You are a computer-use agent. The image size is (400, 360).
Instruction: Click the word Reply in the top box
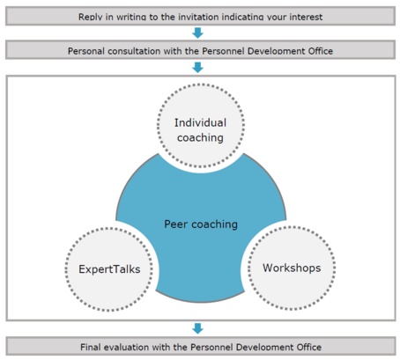click(x=91, y=17)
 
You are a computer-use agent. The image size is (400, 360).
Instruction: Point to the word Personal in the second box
click(x=86, y=51)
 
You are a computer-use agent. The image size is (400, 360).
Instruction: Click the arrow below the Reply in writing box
click(x=197, y=33)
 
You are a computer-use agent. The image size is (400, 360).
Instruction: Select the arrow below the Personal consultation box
click(x=197, y=68)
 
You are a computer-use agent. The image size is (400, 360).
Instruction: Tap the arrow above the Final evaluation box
click(x=197, y=328)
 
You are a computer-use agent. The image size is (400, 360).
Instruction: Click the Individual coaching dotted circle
click(x=201, y=84)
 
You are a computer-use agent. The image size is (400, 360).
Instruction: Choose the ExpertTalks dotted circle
click(x=109, y=228)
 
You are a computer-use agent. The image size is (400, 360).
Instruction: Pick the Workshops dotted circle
click(x=292, y=227)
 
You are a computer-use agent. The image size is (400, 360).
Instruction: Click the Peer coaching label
click(x=201, y=224)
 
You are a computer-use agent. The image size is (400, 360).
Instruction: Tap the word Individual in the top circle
click(x=201, y=122)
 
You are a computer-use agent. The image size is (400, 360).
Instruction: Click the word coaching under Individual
click(x=200, y=138)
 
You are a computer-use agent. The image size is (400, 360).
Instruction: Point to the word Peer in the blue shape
click(x=175, y=224)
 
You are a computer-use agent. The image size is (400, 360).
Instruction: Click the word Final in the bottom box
click(x=91, y=347)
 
